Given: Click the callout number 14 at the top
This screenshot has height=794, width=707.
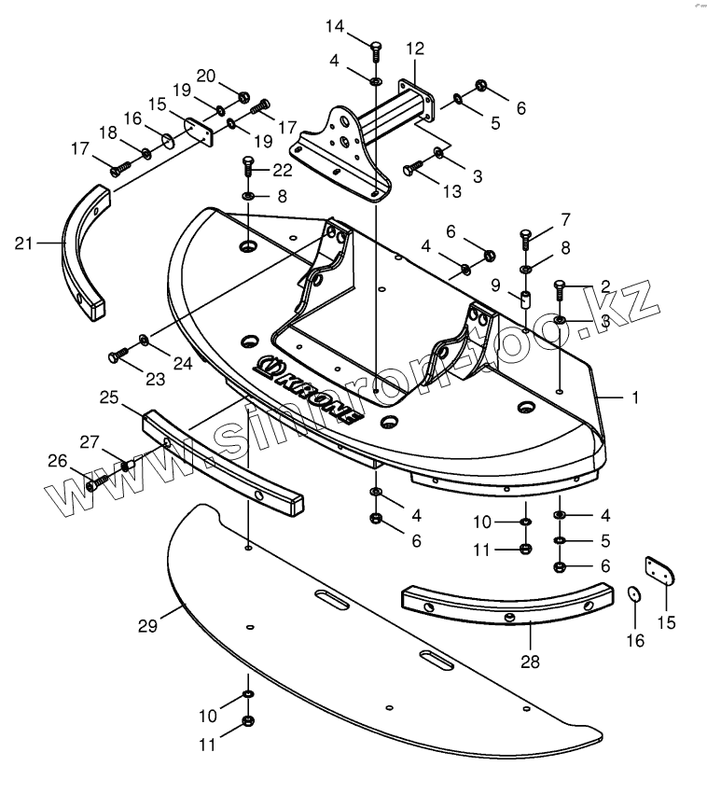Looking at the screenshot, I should (335, 26).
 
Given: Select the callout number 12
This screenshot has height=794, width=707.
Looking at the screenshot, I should (415, 48).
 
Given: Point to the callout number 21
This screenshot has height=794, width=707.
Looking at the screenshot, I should (24, 244).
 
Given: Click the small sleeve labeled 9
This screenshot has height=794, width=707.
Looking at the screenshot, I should (525, 301).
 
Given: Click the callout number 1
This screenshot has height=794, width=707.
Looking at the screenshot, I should (635, 397).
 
